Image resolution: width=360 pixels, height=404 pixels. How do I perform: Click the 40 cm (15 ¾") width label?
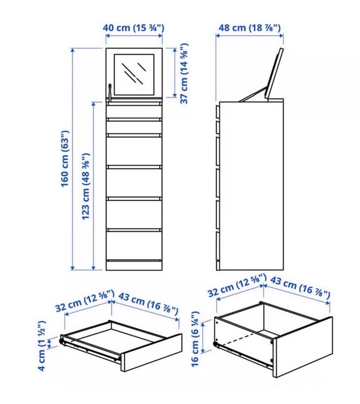pos(133,27)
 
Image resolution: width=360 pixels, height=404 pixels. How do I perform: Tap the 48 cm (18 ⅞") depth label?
pos(249,27)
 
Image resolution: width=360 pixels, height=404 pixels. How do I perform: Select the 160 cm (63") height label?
pos(65,159)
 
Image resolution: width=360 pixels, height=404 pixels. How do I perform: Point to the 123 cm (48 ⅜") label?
pos(86,186)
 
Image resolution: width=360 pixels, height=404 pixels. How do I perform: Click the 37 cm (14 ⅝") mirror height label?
pos(184,74)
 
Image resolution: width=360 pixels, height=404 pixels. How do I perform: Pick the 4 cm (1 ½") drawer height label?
pos(42,346)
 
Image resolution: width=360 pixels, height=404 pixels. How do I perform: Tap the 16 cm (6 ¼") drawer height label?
pos(195,339)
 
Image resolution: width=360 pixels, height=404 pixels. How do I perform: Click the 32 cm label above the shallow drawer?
pos(85,301)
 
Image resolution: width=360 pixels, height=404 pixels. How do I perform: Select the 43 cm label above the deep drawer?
pos(300,286)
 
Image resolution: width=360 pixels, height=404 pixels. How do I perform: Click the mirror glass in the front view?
pos(134,74)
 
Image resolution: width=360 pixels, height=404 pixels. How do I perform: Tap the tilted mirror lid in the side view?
pos(275,74)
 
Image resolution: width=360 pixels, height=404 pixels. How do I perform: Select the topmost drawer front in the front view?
pos(134,111)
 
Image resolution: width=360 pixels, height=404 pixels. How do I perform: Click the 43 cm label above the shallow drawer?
pos(148,304)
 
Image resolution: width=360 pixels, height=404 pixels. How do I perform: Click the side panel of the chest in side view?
pos(251,186)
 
